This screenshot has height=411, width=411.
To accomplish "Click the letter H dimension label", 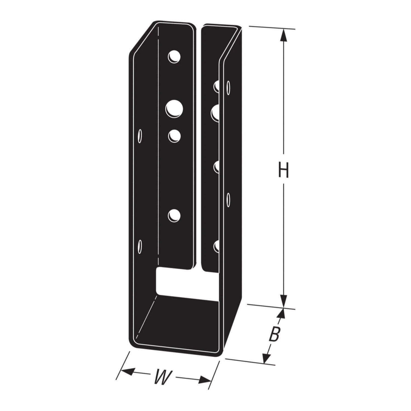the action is tap(283, 170).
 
